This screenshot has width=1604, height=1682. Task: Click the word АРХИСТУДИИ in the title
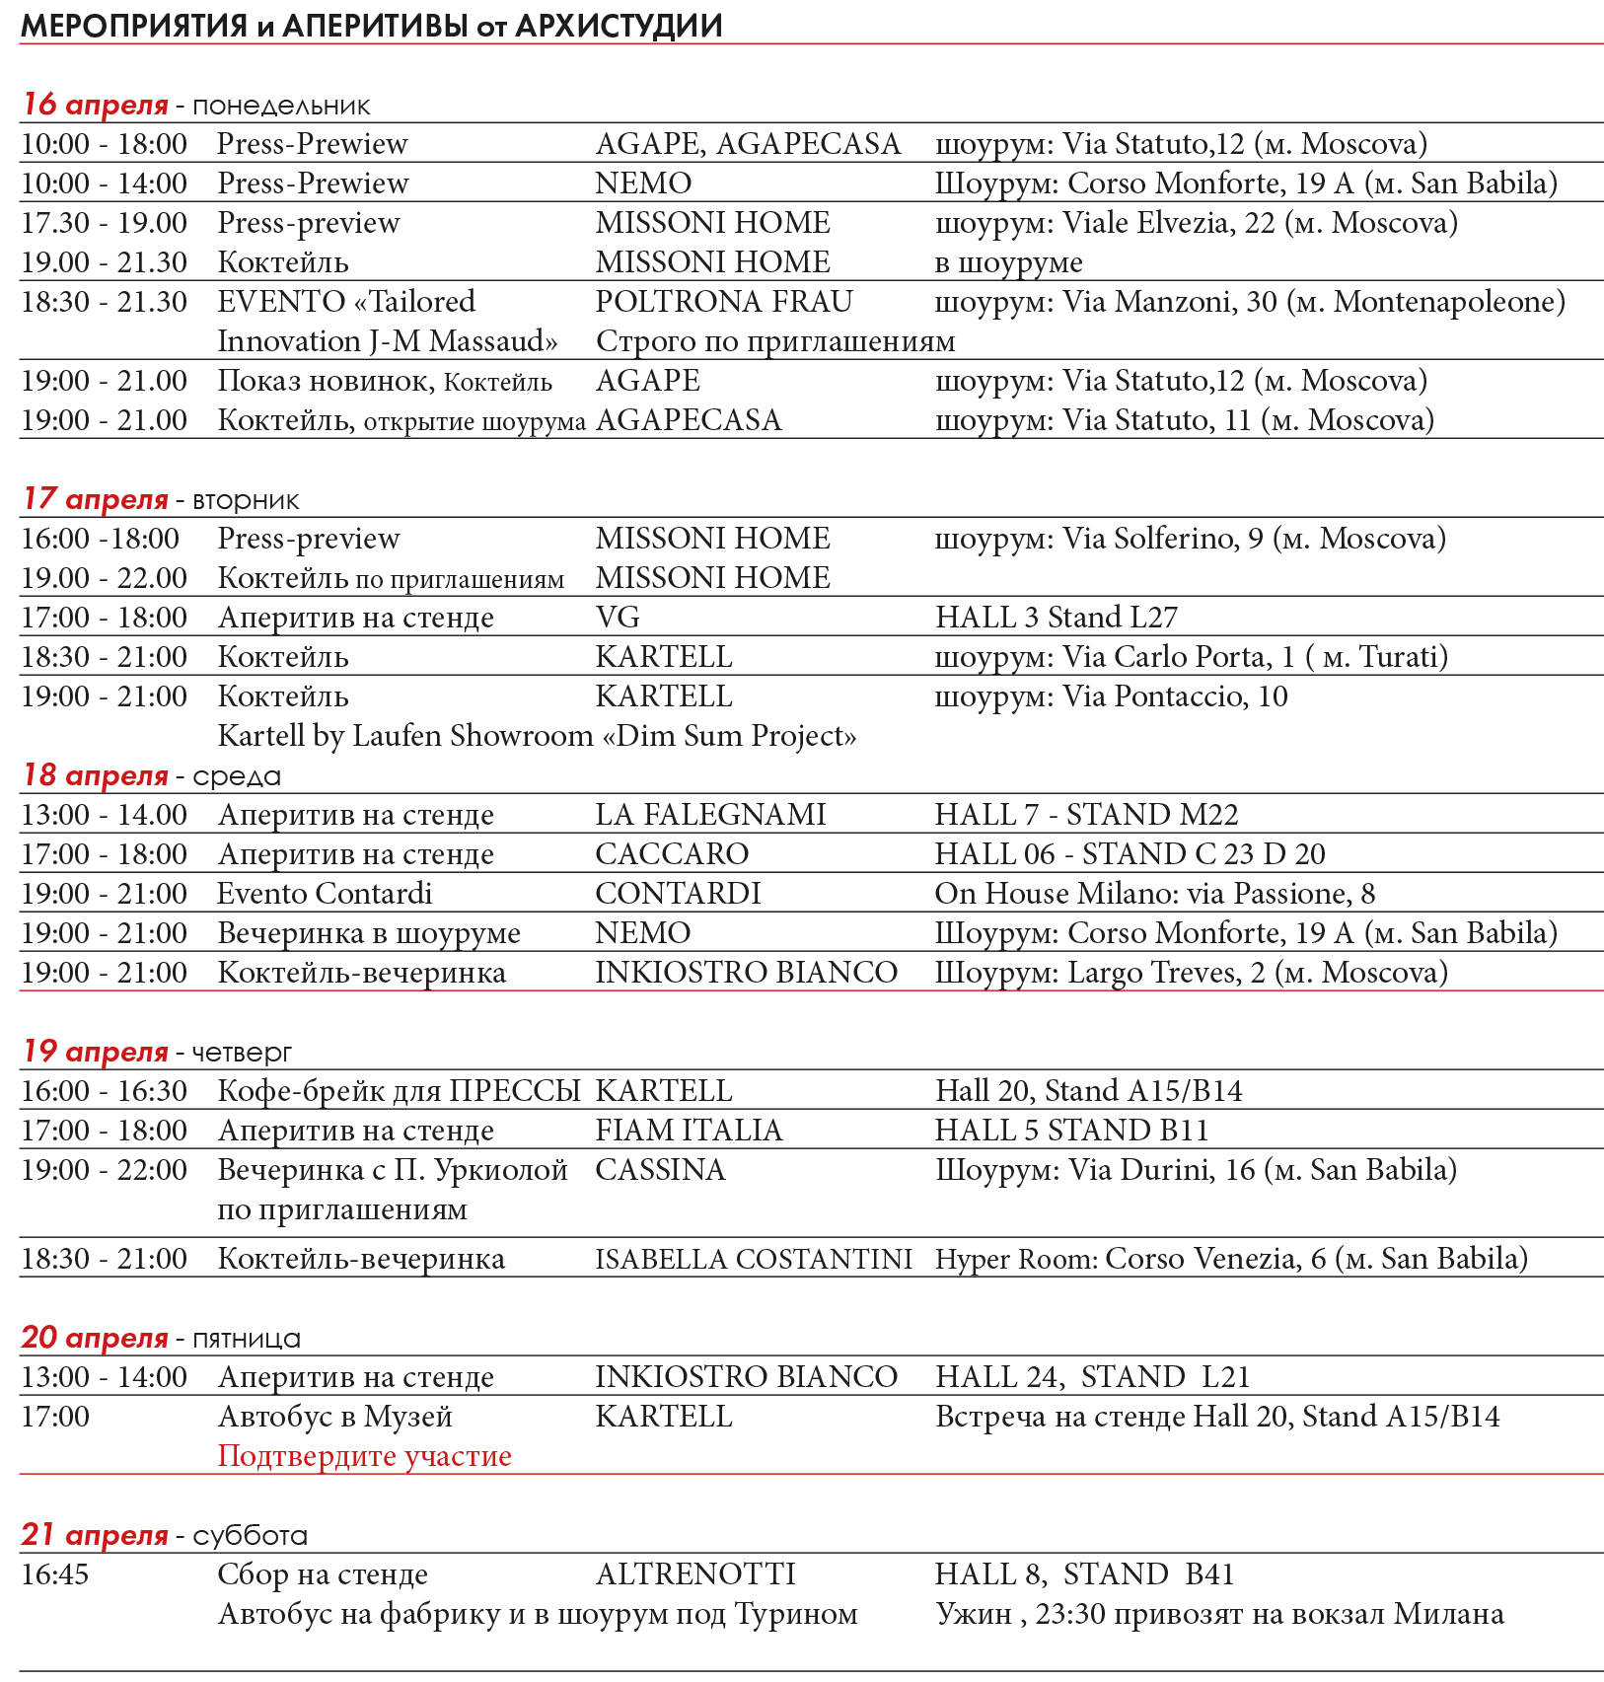(619, 26)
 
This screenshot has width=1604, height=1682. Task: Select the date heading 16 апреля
(96, 105)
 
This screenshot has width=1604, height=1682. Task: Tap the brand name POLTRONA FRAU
(724, 302)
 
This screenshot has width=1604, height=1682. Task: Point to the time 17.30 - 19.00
(105, 223)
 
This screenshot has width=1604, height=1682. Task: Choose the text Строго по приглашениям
(775, 341)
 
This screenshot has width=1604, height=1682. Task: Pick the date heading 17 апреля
(96, 499)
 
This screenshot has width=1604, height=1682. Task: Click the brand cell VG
(618, 618)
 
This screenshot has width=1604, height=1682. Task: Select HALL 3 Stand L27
(1057, 618)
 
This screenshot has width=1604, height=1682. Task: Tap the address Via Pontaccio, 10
(1175, 696)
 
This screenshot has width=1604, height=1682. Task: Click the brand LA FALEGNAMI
(710, 815)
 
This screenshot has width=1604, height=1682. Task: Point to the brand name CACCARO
(672, 854)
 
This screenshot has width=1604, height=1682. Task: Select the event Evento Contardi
(325, 894)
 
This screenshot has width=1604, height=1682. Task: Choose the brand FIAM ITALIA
(689, 1131)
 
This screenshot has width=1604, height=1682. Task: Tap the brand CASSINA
(660, 1170)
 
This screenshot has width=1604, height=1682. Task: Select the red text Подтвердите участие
(364, 1456)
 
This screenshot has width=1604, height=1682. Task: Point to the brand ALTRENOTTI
(695, 1574)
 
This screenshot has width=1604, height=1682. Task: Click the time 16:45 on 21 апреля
(55, 1574)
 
